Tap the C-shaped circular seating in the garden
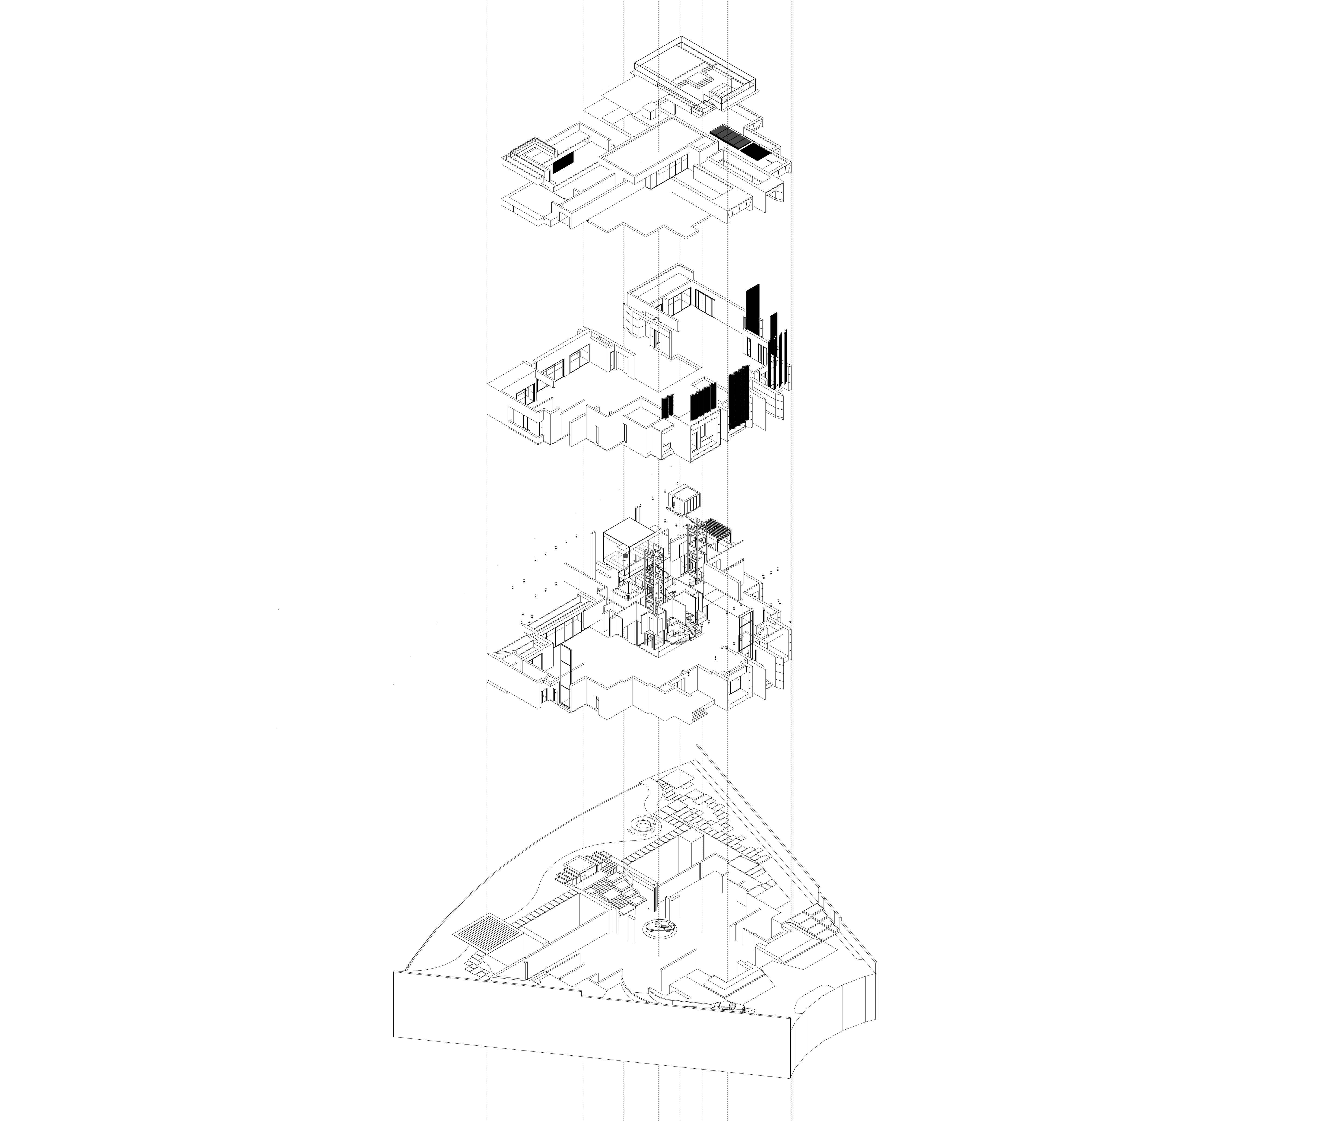pyautogui.click(x=642, y=826)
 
